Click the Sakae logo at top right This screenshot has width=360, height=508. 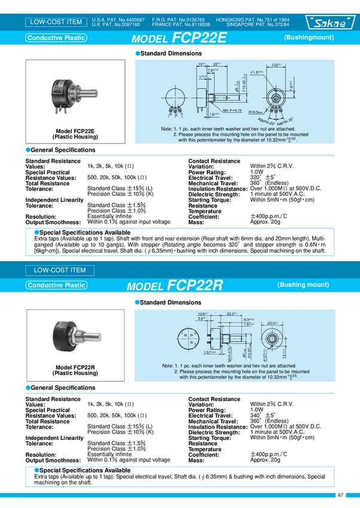click(x=331, y=23)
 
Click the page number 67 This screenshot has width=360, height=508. click(x=340, y=495)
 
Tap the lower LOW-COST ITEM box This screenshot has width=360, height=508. click(x=59, y=270)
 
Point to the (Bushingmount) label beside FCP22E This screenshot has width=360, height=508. click(x=309, y=38)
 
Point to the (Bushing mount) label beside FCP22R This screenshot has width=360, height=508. click(x=303, y=284)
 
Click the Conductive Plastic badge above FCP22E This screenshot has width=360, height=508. click(x=56, y=38)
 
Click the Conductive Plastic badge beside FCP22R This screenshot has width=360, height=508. click(x=56, y=285)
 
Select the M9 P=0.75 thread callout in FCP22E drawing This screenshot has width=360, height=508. click(x=216, y=111)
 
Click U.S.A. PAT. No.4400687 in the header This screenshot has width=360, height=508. click(x=118, y=20)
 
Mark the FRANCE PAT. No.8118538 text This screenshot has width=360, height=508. click(x=179, y=25)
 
